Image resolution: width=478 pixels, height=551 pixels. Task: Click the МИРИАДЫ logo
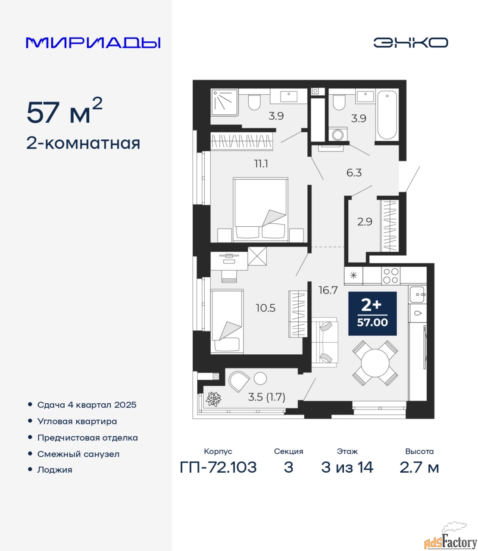click(x=93, y=43)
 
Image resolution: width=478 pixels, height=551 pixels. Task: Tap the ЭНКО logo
click(x=410, y=43)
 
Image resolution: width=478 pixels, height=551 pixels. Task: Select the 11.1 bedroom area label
click(x=261, y=164)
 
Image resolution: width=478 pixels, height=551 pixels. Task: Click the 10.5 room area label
click(x=266, y=308)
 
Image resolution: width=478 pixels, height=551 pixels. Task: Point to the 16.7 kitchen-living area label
click(x=328, y=290)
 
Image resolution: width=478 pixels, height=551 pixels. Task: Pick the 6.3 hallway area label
click(x=354, y=173)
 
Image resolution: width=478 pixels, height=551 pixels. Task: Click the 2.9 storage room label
click(x=365, y=222)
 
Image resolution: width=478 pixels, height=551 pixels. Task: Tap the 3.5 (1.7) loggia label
click(x=267, y=397)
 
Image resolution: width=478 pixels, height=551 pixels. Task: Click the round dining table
click(x=375, y=363)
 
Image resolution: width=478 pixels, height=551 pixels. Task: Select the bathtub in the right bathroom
click(x=387, y=115)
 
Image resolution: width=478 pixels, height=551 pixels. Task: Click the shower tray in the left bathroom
click(x=225, y=102)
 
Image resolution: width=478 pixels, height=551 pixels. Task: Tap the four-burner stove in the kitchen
click(x=391, y=276)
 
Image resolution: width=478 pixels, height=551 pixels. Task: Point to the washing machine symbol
click(x=338, y=134)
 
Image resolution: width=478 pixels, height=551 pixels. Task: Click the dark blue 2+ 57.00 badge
click(x=372, y=313)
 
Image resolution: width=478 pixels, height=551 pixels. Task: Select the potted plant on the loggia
click(x=213, y=399)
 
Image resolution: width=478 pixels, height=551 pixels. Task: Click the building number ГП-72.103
click(x=218, y=467)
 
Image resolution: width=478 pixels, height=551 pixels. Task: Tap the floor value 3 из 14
click(x=347, y=467)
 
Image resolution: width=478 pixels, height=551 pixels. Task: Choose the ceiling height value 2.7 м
click(x=419, y=467)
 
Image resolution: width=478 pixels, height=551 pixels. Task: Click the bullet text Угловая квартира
click(x=77, y=421)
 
